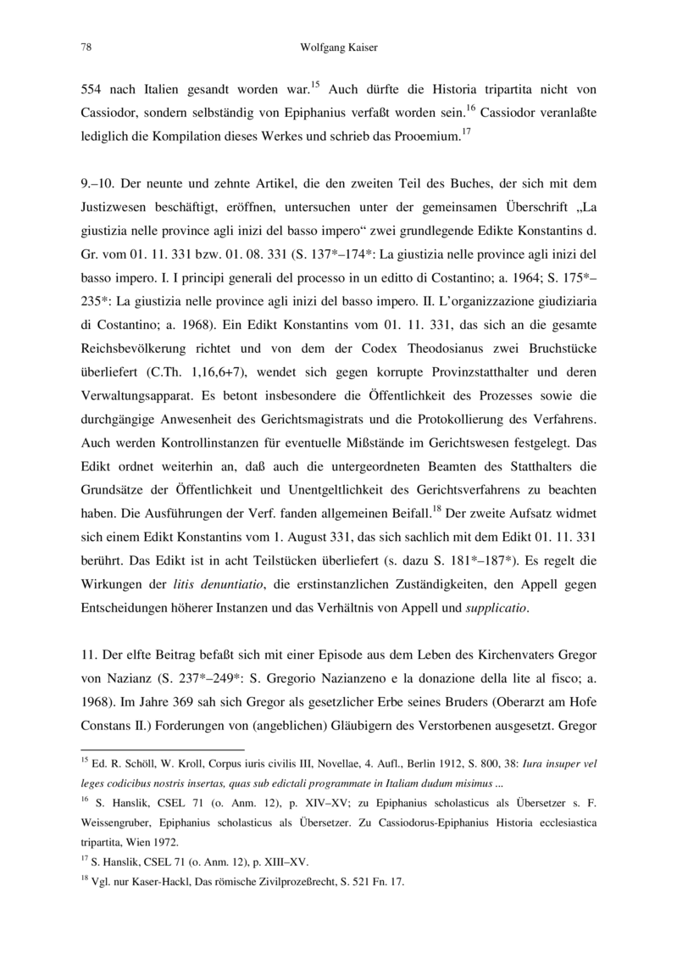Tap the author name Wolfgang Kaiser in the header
pos(338,47)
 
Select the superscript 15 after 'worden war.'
pos(314,83)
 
